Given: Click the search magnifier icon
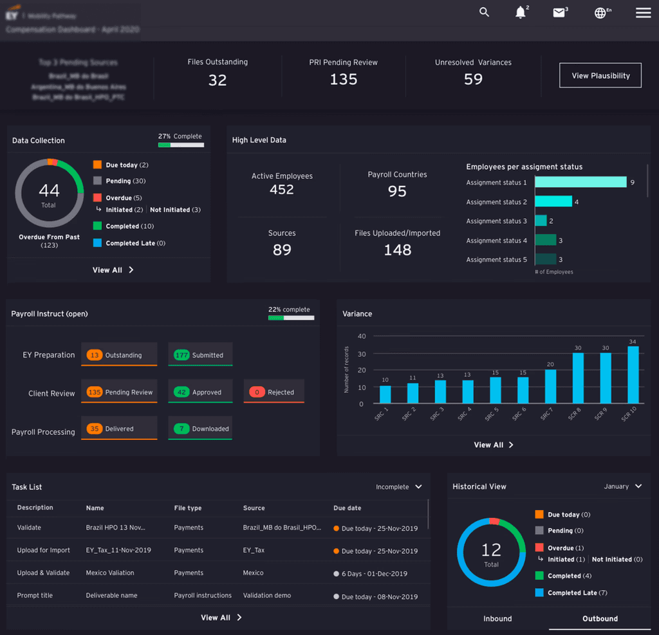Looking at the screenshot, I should [485, 12].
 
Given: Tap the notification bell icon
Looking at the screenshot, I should [521, 13].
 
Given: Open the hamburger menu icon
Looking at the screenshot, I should [643, 13].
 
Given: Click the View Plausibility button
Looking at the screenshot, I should [600, 75].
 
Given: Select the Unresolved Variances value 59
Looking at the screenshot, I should [473, 79].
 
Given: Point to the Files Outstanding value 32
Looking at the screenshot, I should [218, 80].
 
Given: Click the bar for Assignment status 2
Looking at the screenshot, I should [553, 201].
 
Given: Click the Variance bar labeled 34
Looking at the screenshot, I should [633, 374].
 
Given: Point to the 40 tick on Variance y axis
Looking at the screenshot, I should [362, 336].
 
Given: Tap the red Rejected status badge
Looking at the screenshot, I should [274, 392].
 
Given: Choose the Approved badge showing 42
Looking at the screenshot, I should [200, 392].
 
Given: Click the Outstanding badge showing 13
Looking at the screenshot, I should [119, 355].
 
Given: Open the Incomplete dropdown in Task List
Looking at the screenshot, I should [399, 487].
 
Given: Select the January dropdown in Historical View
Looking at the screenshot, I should [622, 486].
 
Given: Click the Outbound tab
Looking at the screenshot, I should [600, 619].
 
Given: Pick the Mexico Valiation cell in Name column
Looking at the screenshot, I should [110, 573].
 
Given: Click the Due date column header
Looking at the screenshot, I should [348, 508].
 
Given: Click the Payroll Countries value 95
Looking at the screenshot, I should [397, 191].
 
